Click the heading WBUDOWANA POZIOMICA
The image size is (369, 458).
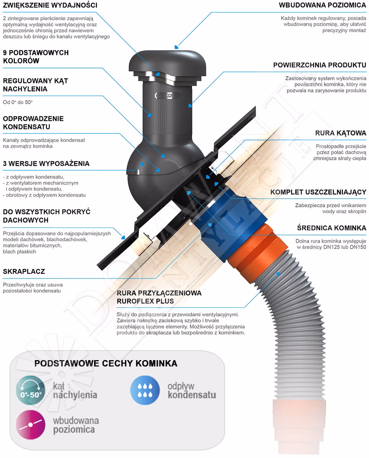323,5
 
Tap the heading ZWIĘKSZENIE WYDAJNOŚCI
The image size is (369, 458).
50,5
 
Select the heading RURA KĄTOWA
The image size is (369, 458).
341,133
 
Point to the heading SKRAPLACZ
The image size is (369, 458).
24,271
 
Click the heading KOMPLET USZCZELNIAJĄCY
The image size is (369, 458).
318,192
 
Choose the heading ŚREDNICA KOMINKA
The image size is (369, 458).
332,228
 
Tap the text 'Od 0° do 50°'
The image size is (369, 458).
18,102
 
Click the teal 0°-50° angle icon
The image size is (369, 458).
31,390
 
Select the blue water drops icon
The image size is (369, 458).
145,390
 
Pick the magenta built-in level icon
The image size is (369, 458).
31,425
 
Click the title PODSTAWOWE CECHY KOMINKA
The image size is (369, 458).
106,363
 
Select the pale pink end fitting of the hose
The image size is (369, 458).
299,428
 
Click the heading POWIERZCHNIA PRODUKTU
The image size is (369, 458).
320,65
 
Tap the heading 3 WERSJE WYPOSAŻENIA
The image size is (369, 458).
46,164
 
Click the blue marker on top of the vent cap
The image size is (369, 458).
176,47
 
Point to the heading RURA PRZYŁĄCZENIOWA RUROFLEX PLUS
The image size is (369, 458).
159,297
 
